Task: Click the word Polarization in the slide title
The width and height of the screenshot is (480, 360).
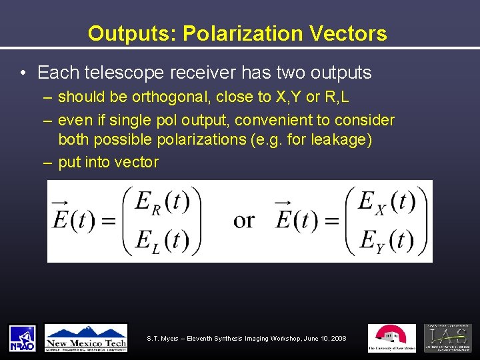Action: pos(238,34)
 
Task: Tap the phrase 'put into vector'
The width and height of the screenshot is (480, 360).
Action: pos(108,162)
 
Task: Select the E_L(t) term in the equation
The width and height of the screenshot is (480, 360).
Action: pos(162,239)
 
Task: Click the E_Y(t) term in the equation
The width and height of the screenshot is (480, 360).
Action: pos(385,239)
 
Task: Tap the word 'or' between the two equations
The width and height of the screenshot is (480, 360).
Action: pos(244,221)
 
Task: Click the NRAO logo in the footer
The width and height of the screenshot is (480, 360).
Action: pos(22,338)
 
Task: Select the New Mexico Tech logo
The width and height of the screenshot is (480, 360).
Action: pos(86,338)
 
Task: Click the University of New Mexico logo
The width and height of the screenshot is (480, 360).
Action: pos(391,338)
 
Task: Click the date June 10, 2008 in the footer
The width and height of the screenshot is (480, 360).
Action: pos(323,339)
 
